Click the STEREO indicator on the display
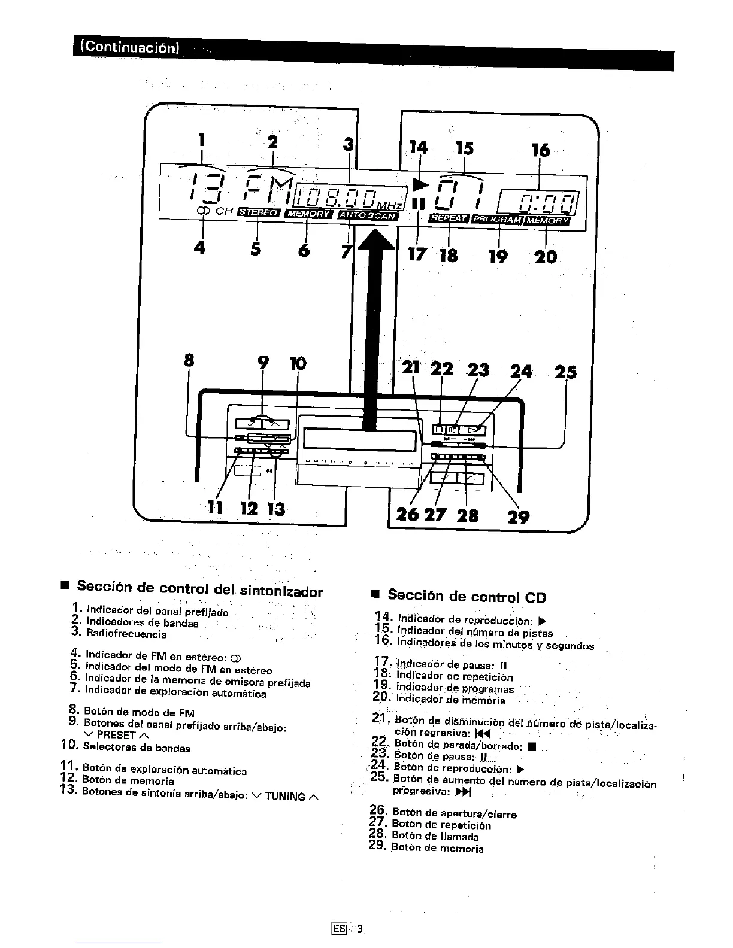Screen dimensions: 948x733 click(x=259, y=212)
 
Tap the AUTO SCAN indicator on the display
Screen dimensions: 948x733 click(x=368, y=215)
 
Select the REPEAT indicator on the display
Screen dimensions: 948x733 click(x=449, y=219)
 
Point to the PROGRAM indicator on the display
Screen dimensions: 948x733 click(x=498, y=220)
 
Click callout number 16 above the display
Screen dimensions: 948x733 click(x=541, y=150)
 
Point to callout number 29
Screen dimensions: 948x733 click(x=519, y=516)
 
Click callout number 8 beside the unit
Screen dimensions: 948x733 click(x=189, y=360)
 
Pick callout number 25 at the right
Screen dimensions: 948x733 click(x=565, y=372)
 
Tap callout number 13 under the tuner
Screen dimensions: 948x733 click(x=277, y=509)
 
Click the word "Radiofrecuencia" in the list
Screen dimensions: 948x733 click(x=126, y=634)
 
